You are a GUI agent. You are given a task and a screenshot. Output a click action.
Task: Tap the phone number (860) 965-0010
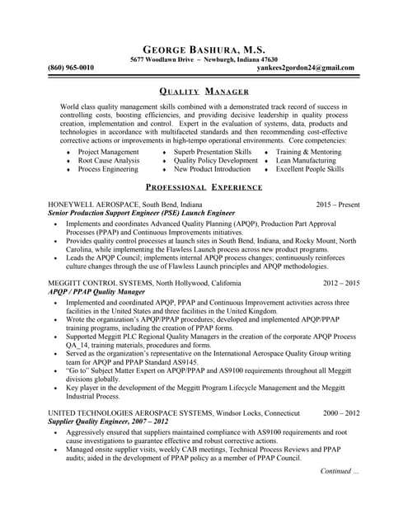71,68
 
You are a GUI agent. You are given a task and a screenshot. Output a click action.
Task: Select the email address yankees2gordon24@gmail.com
294,68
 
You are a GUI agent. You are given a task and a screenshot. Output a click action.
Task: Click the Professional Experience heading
204,187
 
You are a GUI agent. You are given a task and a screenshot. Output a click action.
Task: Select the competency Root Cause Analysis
109,160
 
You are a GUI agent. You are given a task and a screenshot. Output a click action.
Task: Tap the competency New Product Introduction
212,168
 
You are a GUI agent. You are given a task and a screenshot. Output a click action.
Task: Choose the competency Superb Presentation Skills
213,152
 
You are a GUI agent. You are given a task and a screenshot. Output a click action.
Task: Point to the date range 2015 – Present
338,203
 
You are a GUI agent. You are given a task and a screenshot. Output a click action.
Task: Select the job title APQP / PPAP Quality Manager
91,291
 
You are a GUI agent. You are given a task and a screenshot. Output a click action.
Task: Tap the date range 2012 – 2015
341,283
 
